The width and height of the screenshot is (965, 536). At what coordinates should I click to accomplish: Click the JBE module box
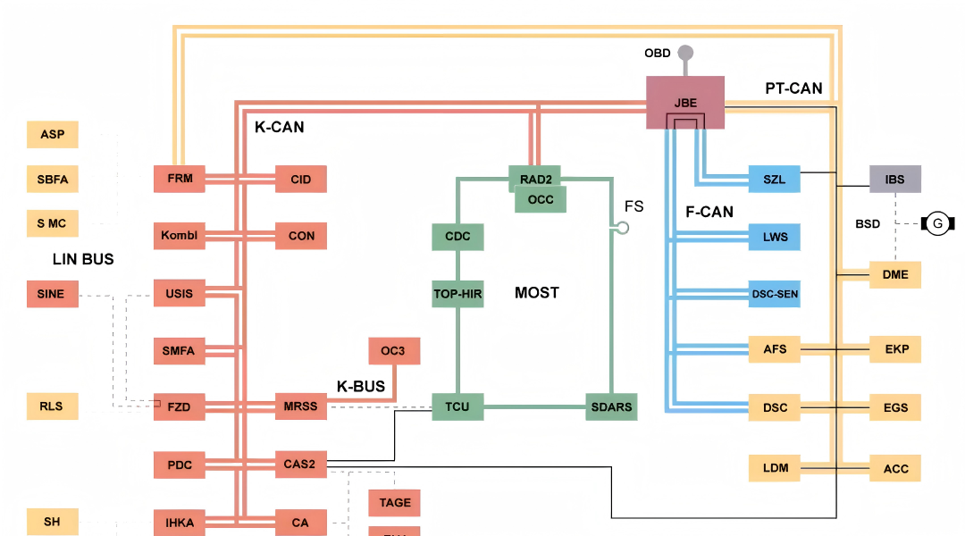(685, 103)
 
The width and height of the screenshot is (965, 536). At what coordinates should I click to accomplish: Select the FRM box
(180, 179)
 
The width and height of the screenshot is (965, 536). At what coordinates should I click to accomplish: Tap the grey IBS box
(894, 179)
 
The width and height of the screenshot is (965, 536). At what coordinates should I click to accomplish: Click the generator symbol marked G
(937, 223)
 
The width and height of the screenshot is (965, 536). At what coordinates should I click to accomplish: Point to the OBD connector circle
(685, 53)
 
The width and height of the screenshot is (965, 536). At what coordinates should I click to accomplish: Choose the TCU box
(457, 406)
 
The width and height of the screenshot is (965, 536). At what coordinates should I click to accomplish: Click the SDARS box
(611, 406)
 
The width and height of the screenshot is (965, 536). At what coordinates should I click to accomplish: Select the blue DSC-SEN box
(775, 293)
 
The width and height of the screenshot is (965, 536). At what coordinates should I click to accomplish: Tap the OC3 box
(393, 350)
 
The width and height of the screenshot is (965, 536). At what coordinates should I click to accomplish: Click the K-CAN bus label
(279, 128)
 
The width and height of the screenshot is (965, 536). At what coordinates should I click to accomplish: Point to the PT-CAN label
(793, 88)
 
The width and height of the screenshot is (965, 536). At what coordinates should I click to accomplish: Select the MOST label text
(537, 293)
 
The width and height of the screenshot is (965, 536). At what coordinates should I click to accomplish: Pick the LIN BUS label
(83, 259)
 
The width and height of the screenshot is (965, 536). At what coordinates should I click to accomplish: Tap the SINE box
(52, 293)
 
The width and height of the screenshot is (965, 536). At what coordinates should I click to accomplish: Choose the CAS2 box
(300, 464)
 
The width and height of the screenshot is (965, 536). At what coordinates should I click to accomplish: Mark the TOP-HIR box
(457, 293)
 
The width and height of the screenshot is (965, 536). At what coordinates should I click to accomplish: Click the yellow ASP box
(52, 135)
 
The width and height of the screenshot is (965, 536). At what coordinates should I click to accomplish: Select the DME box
(894, 274)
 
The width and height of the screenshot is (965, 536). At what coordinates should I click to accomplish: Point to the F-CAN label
(709, 212)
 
